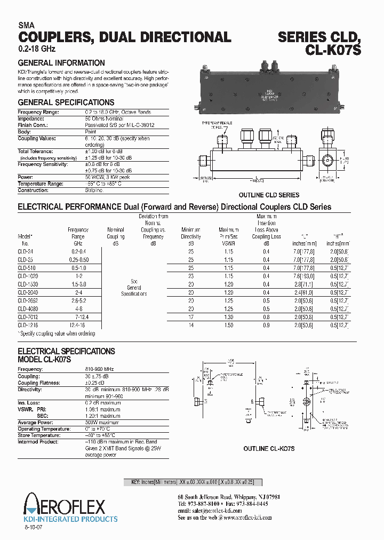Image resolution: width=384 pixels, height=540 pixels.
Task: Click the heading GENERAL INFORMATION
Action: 61,63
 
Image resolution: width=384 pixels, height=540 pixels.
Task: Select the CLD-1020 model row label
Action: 28,276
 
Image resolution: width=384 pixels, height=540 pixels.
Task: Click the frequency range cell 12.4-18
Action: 78,324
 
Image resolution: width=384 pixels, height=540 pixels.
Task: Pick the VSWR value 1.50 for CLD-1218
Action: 228,324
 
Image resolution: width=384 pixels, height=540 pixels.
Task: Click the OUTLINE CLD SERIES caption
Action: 269,195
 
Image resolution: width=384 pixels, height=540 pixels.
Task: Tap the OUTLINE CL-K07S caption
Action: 269,449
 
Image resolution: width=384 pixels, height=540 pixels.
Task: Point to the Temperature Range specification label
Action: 41,184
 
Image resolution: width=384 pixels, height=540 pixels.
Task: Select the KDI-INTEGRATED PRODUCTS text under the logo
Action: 71,519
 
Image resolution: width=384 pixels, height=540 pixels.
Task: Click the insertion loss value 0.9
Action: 266,324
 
